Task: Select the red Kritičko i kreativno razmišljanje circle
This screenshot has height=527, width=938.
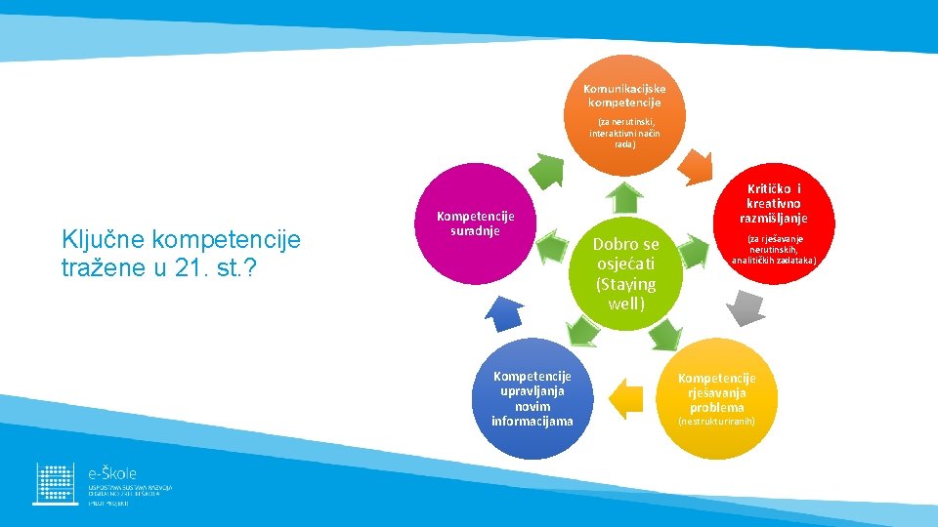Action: coord(773,230)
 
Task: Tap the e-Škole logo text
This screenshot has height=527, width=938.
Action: coord(112,472)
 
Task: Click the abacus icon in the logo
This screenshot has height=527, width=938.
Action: coord(56,483)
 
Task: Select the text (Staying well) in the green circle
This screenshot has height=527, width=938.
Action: coord(625,294)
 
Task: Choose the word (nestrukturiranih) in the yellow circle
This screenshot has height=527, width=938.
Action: coord(716,422)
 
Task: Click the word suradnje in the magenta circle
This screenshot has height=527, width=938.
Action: coord(476,231)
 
